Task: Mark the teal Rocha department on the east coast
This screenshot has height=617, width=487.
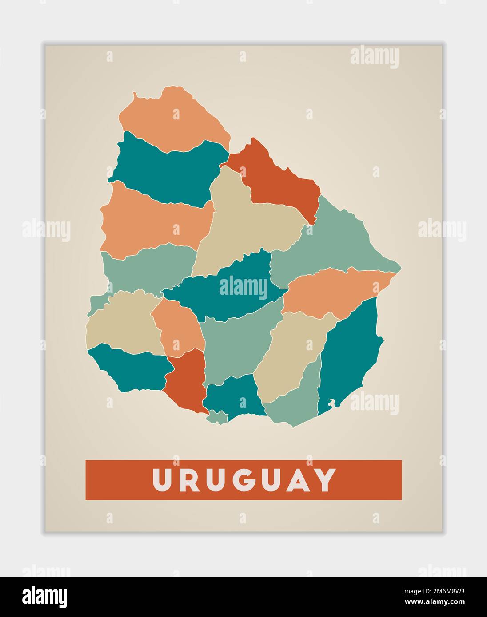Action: point(351,355)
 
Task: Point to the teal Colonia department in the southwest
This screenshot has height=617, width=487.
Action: point(133,368)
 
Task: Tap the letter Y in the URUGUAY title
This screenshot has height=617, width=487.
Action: point(324,480)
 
